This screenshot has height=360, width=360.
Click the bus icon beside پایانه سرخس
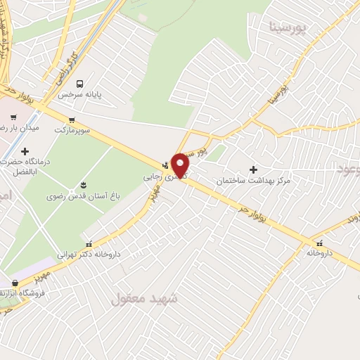(x=79, y=83)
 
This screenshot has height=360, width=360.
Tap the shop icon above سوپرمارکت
(x=72, y=120)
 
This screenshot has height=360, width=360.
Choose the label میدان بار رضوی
(x=21, y=130)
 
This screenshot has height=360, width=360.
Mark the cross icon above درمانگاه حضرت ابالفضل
(x=25, y=151)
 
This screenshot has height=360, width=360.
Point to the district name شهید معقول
(x=141, y=299)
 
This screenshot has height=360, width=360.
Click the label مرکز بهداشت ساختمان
(x=253, y=181)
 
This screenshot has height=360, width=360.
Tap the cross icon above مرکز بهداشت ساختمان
(x=254, y=169)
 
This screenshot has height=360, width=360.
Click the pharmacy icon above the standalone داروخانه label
(x=319, y=243)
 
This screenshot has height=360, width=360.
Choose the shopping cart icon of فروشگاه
(x=15, y=283)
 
